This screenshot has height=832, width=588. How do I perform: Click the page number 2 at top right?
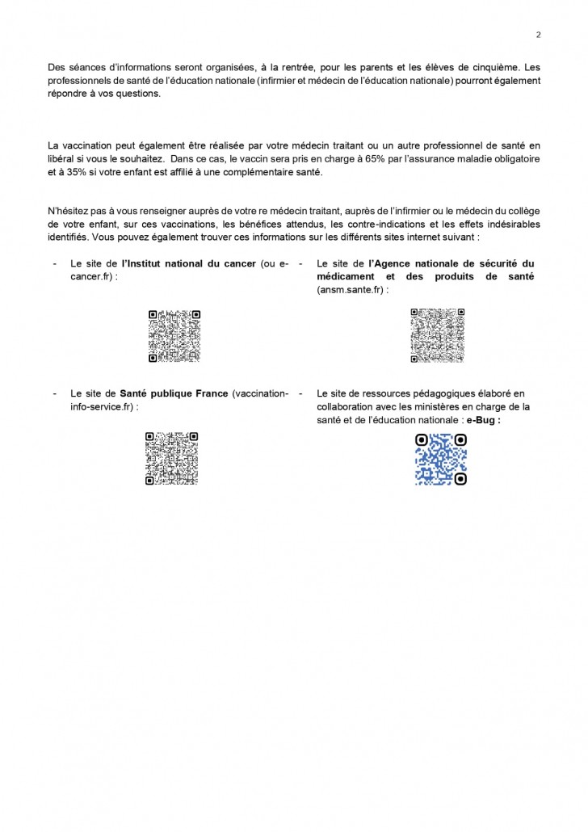tap(538, 34)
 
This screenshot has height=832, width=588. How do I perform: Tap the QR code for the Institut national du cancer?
tap(174, 336)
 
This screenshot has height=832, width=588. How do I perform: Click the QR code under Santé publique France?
tap(173, 459)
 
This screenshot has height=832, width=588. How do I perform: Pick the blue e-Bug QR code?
tap(441, 459)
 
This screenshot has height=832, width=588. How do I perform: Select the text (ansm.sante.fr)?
tap(352, 288)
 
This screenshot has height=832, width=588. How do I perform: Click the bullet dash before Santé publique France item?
tap(54, 393)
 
